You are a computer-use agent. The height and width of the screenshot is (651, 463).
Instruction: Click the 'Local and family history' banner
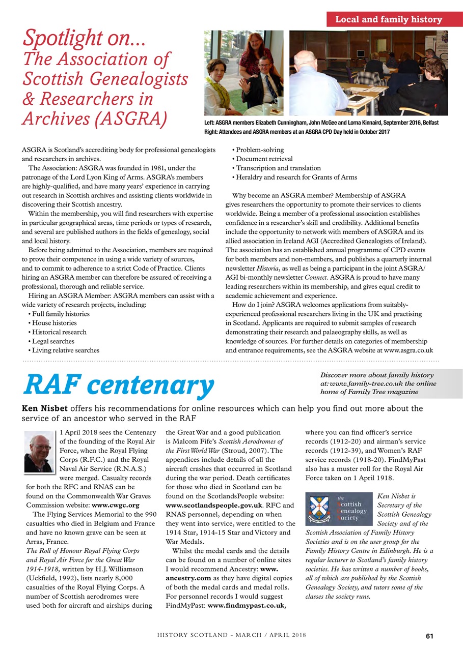pyautogui.click(x=388, y=20)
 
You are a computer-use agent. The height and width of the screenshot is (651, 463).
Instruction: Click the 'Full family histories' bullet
pyautogui.click(x=60, y=314)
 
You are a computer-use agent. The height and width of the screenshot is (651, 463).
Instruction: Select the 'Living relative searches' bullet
pyautogui.click(x=65, y=350)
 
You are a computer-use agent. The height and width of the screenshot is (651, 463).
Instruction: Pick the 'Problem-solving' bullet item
pyautogui.click(x=260, y=150)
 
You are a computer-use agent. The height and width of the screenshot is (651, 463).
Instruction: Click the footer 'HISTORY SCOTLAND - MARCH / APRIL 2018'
pyautogui.click(x=231, y=636)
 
